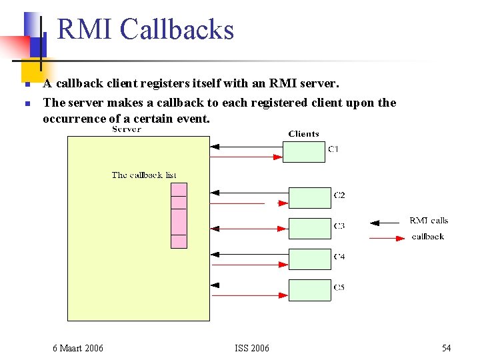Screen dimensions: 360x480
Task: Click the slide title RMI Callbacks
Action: (145, 30)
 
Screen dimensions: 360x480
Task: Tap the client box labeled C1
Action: (304, 152)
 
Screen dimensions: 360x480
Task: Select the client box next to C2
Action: (309, 198)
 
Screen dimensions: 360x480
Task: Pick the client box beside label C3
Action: (309, 229)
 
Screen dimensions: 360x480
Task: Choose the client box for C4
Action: (309, 259)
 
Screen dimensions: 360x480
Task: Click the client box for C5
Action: (309, 290)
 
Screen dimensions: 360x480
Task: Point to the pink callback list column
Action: (179, 215)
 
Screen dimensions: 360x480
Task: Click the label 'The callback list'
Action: (144, 175)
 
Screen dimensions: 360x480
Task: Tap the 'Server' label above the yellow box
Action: (127, 129)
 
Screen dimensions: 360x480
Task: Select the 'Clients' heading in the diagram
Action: (303, 134)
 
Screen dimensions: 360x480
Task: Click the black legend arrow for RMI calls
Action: (383, 223)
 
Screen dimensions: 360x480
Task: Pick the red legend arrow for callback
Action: (383, 237)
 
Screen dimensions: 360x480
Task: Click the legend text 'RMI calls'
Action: (429, 221)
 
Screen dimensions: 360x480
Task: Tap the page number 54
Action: (446, 348)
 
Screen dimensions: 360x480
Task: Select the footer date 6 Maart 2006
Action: (78, 348)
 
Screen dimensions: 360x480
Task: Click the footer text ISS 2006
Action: (252, 348)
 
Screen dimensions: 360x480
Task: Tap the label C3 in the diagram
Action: (339, 226)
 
